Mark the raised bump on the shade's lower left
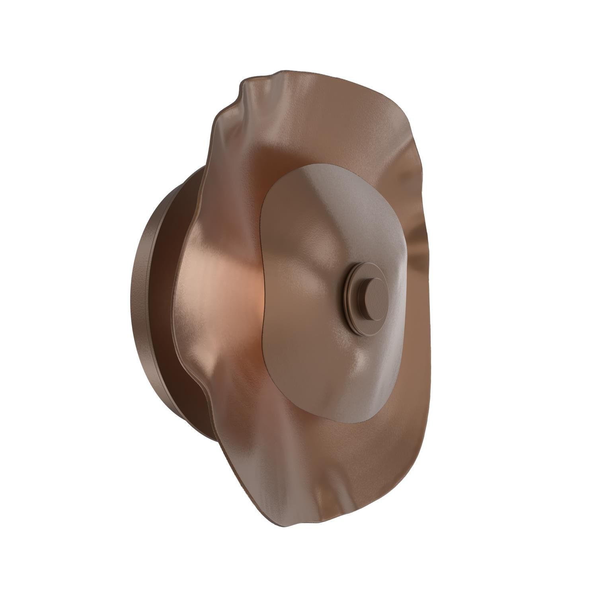[x=199, y=350]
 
